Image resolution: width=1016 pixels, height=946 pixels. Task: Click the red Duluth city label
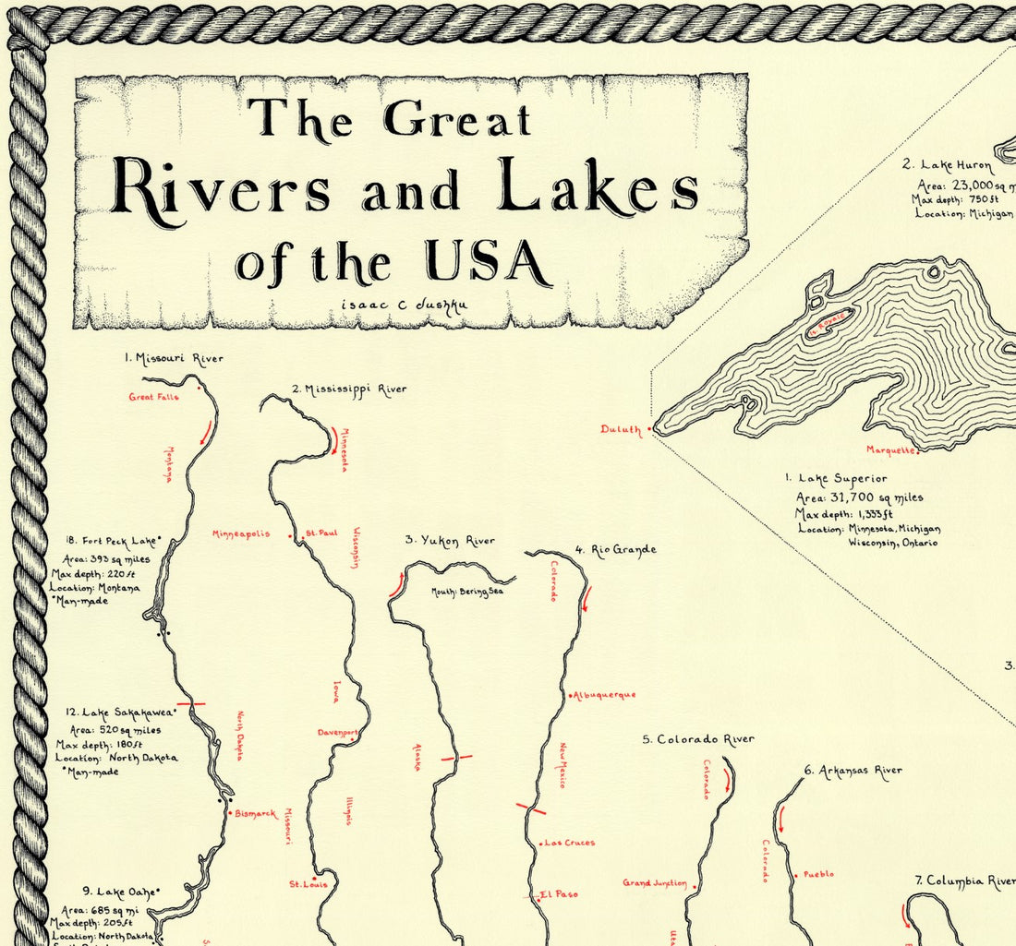(620, 429)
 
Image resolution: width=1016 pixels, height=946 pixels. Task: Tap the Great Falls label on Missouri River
(153, 398)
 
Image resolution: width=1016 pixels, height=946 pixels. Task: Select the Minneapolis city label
(241, 534)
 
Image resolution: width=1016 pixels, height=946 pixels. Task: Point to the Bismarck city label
(255, 813)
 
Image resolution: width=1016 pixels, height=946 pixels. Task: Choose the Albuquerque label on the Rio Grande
(605, 695)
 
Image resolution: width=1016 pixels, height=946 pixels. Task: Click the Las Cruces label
(569, 843)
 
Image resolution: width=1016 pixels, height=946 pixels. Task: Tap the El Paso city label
(560, 894)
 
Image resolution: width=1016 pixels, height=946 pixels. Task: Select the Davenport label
(337, 733)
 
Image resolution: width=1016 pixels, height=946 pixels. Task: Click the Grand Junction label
(654, 883)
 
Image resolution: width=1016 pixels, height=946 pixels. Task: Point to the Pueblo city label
(818, 874)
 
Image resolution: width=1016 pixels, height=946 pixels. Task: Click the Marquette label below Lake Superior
(890, 450)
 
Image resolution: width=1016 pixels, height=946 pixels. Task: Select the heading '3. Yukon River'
(450, 541)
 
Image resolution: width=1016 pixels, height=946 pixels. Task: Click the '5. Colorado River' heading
(698, 739)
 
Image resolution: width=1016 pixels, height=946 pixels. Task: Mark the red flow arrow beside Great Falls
(205, 431)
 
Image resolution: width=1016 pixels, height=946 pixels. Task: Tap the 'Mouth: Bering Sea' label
(466, 592)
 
